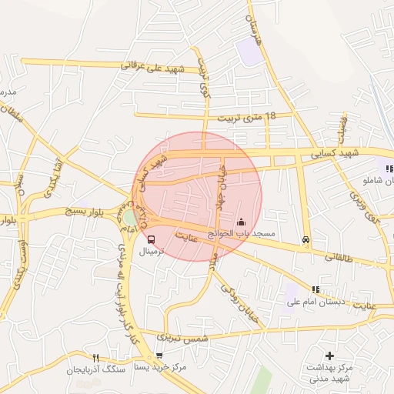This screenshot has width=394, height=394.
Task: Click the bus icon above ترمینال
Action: coord(150,239)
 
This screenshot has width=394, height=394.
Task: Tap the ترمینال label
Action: coord(151,252)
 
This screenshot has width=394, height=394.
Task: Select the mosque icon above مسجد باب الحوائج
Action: coord(241,222)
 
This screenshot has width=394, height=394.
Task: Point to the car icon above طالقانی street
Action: coord(306,239)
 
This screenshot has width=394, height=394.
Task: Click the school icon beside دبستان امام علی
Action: coord(315,289)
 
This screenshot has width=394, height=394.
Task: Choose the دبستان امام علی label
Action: coord(314,302)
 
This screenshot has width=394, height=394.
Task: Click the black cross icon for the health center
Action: coord(330,356)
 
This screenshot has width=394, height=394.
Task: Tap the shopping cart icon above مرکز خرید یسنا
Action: coord(159,356)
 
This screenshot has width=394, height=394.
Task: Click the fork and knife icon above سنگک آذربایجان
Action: coord(96,358)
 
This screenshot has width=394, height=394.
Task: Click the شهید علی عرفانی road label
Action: coord(154,67)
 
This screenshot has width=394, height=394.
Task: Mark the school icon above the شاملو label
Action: coord(389,169)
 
